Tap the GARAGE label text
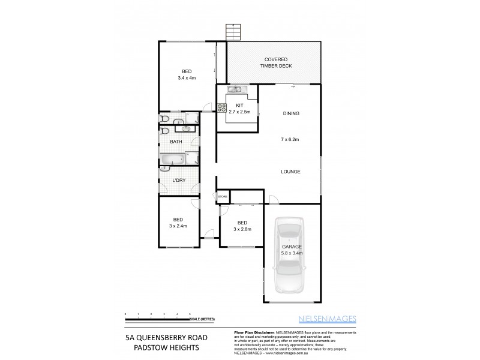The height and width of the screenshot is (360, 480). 292,247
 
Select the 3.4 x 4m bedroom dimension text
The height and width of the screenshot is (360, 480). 187,78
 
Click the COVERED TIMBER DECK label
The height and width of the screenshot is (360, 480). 275,62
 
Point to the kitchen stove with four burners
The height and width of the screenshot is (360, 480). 221,109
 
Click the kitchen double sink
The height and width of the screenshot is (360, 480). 234,90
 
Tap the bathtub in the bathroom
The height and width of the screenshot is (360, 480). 173,159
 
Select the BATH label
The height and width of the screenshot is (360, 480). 176,142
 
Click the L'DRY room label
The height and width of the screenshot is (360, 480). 178,181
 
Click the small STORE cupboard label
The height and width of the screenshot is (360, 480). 223,196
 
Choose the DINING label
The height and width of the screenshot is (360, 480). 290,113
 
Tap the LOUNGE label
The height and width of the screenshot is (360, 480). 290,172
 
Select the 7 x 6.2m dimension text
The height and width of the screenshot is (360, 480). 290,140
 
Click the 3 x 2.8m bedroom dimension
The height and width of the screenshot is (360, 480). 242,229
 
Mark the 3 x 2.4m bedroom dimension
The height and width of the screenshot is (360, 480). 178,226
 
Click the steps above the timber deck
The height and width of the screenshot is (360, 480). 232,32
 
